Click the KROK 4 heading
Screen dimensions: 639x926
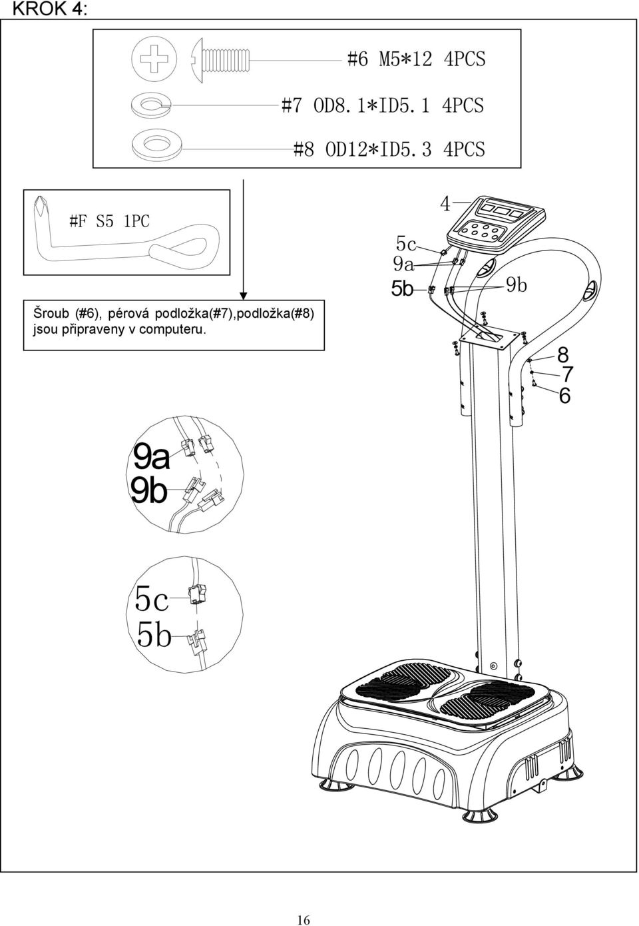click(x=49, y=9)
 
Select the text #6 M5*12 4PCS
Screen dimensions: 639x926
click(x=416, y=59)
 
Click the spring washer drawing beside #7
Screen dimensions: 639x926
click(x=152, y=105)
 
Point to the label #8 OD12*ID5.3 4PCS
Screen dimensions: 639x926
click(x=389, y=149)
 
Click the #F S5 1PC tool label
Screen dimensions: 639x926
click(x=109, y=222)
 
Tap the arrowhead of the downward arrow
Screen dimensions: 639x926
click(x=244, y=296)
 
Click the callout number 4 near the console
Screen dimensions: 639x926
click(x=445, y=204)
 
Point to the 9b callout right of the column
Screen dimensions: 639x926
click(x=517, y=285)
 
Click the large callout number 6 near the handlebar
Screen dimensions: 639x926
click(x=564, y=396)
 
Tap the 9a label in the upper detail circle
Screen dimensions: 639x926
click(x=151, y=458)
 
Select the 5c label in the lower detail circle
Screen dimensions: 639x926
click(x=152, y=599)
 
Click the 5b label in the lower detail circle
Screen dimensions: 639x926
click(x=154, y=635)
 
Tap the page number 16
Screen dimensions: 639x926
click(x=303, y=908)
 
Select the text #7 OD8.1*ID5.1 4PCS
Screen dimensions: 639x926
click(x=382, y=106)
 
